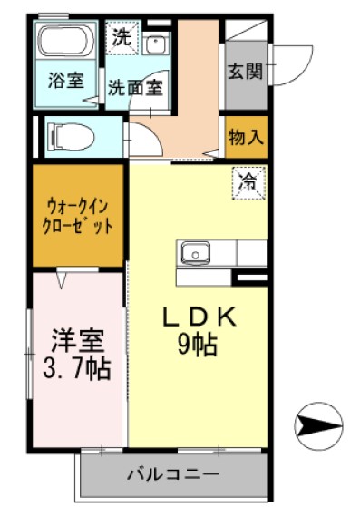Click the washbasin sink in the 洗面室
point(155,44)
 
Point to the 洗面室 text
point(135,88)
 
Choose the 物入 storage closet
point(247,138)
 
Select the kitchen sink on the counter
point(195,251)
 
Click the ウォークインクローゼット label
point(76,215)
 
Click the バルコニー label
point(172,473)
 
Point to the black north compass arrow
point(320,424)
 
